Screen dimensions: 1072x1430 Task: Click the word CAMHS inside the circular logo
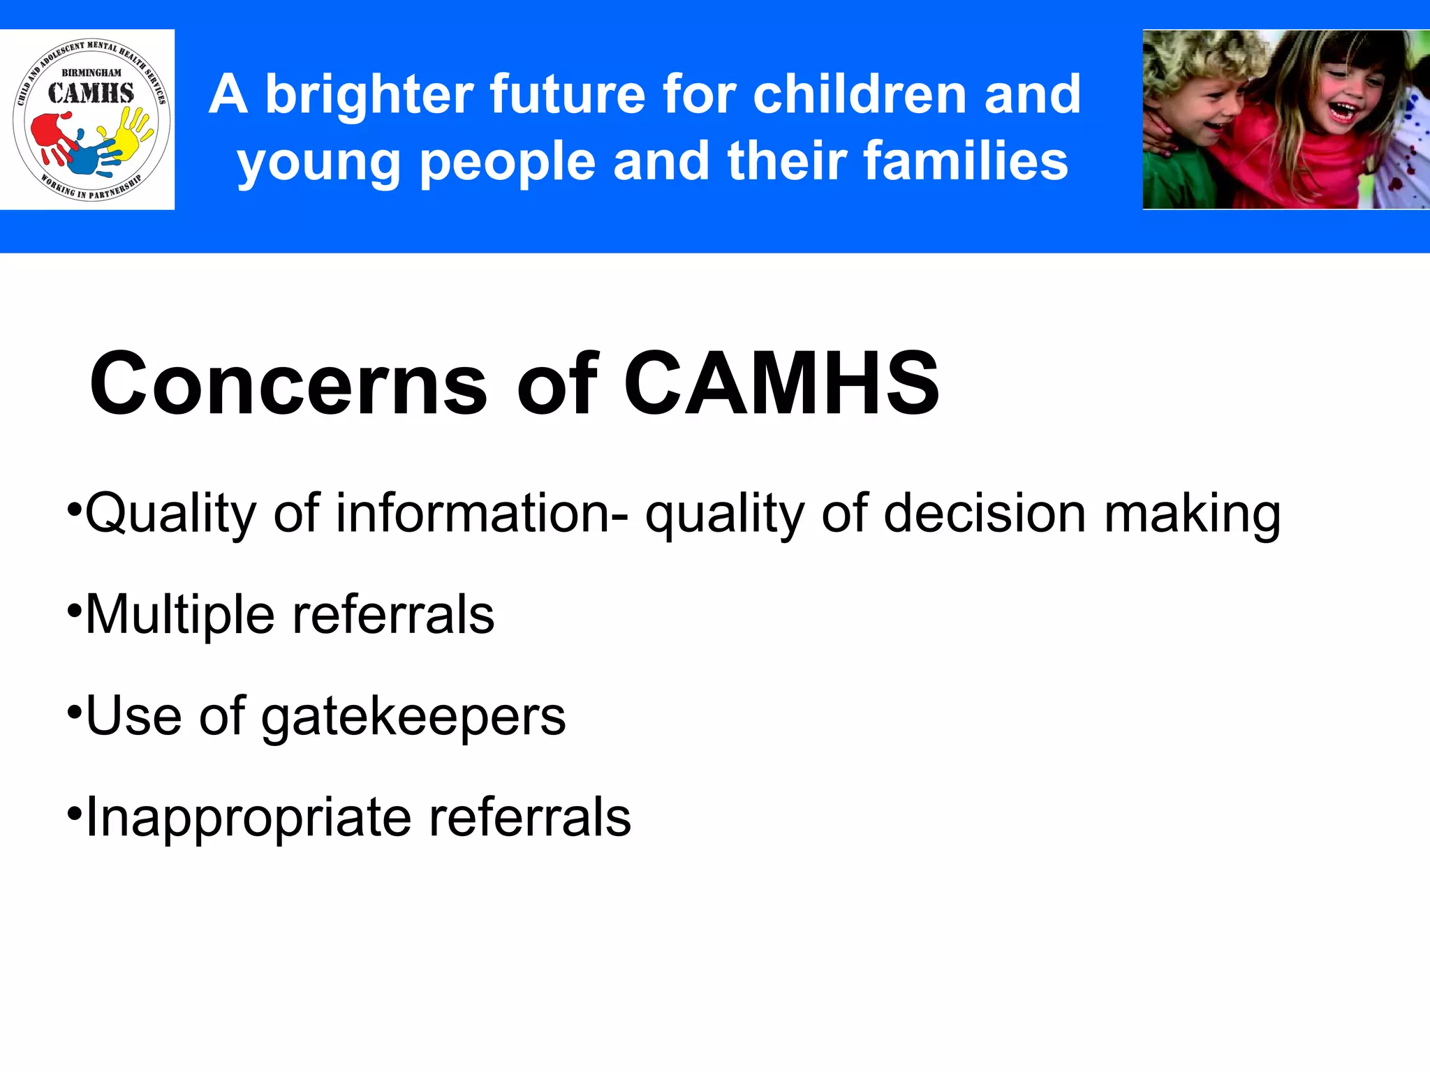pos(91,94)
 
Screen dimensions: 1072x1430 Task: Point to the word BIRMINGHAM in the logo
pos(91,73)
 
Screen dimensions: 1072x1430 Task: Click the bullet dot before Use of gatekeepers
pos(73,712)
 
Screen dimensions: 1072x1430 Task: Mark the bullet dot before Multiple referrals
pos(73,611)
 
